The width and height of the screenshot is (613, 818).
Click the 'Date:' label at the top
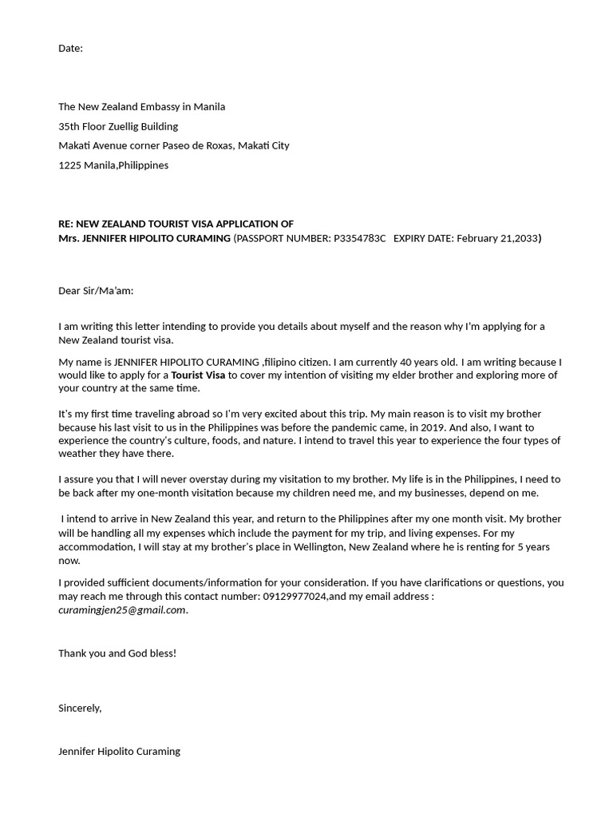pyautogui.click(x=70, y=49)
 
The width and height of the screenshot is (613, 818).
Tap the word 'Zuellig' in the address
pyautogui.click(x=121, y=126)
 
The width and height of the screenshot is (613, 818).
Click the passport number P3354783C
pyautogui.click(x=359, y=238)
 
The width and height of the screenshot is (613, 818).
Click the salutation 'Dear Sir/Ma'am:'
pyautogui.click(x=96, y=291)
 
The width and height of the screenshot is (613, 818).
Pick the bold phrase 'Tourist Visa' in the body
pyautogui.click(x=198, y=375)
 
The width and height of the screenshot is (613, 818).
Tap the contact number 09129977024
pyautogui.click(x=295, y=597)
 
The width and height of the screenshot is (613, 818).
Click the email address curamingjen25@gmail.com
pyautogui.click(x=121, y=610)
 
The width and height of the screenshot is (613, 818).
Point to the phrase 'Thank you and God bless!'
pyautogui.click(x=117, y=653)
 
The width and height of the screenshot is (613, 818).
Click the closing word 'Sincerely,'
pyautogui.click(x=80, y=708)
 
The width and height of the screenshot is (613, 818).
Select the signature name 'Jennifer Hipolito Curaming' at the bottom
pyautogui.click(x=119, y=752)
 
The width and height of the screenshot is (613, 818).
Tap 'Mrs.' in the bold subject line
pyautogui.click(x=69, y=238)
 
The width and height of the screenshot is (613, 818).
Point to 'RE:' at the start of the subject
pyautogui.click(x=65, y=224)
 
